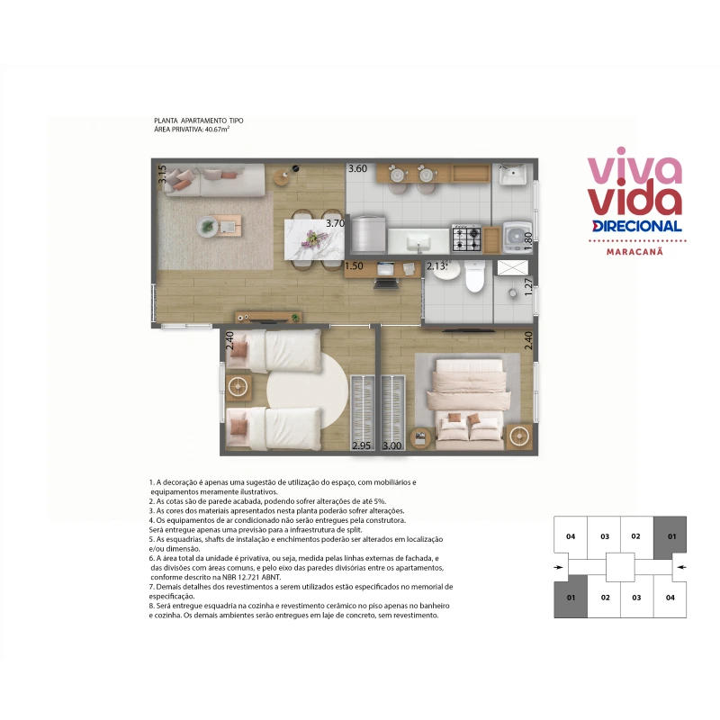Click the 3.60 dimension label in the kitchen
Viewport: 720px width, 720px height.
(x=357, y=168)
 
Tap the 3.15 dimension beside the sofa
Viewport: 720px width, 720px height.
(x=163, y=175)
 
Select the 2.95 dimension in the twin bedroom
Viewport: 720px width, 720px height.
(x=362, y=445)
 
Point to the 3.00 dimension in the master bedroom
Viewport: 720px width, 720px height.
(x=392, y=445)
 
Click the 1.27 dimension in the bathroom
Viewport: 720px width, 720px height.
(x=528, y=286)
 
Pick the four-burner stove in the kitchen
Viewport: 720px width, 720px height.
(x=466, y=238)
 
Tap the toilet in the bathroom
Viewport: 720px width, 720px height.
(x=475, y=277)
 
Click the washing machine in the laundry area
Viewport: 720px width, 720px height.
(x=517, y=237)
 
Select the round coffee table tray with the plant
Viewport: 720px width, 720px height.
(x=208, y=227)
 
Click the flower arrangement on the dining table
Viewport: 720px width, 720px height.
(x=315, y=238)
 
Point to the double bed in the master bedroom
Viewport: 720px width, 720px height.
(x=468, y=405)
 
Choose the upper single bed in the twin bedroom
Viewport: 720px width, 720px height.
(x=274, y=351)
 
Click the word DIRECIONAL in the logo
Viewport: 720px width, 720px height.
(x=637, y=226)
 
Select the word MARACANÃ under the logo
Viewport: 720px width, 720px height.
(x=634, y=252)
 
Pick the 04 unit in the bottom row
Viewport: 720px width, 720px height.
(x=670, y=598)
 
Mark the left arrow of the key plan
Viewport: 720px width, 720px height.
(x=558, y=567)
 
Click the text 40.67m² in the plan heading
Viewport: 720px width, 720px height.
(x=217, y=129)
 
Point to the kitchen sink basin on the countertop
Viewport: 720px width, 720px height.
(x=418, y=240)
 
